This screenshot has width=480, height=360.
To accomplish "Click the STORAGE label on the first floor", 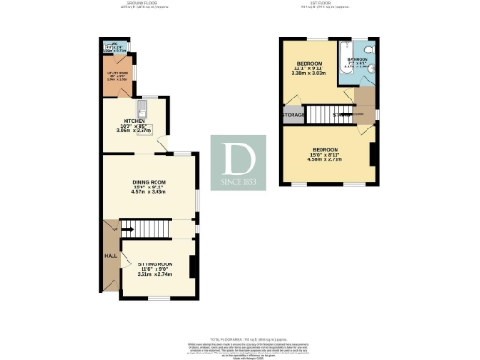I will (x=294, y=114).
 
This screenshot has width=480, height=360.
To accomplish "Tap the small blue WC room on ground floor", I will (x=115, y=48).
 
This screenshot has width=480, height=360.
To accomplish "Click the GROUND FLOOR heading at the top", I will (x=142, y=3).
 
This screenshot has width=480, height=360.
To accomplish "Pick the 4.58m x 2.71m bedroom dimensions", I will (x=325, y=160).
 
